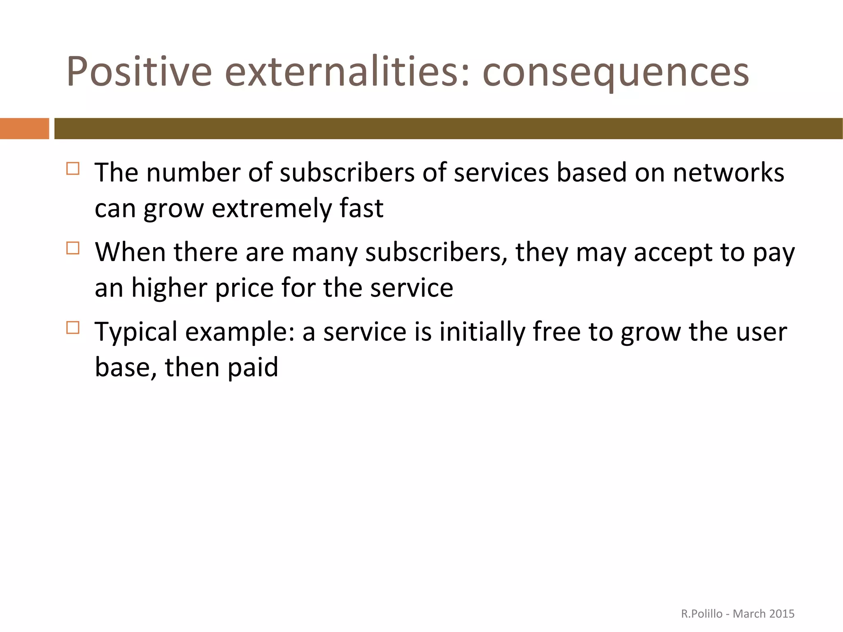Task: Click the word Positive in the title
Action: tap(139, 72)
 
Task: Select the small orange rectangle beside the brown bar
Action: tap(24, 128)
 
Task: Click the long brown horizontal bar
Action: tap(448, 128)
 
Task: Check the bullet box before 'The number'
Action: tap(73, 169)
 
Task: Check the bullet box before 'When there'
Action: tap(73, 248)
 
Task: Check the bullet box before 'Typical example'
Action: tap(73, 328)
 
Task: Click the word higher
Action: tap(169, 288)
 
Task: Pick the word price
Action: tap(245, 288)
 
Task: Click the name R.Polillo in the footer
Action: tap(701, 614)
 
